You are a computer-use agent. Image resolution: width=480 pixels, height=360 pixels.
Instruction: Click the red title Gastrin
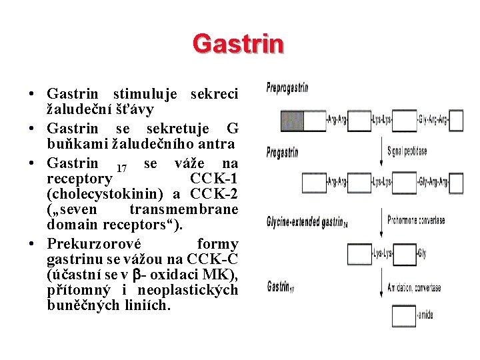tap(238, 43)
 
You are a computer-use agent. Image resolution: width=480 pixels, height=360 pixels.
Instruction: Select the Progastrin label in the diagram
tap(282, 153)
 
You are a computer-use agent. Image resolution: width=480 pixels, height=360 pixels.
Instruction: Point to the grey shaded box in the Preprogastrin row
tap(293, 121)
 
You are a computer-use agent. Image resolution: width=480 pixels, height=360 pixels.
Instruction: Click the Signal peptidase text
tap(407, 152)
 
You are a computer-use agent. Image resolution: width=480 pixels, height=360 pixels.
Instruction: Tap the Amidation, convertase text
tap(414, 288)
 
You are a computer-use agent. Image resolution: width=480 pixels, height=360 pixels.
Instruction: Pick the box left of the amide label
tap(404, 316)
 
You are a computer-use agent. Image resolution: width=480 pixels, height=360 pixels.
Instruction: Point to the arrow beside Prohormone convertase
tap(381, 219)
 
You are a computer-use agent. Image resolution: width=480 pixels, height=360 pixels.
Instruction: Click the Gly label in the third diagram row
tap(421, 253)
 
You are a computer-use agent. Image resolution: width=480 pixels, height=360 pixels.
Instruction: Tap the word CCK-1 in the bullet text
tap(214, 179)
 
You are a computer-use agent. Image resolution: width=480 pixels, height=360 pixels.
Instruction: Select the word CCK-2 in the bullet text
tap(214, 194)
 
